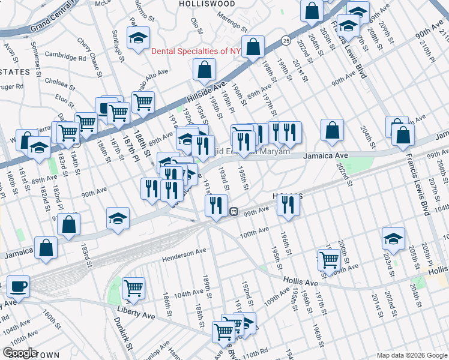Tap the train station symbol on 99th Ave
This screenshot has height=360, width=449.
pos(234,211)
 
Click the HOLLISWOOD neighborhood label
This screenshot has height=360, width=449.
pos(207,4)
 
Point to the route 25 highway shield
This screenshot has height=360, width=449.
pos(286,40)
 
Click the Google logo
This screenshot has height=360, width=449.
pos(20,353)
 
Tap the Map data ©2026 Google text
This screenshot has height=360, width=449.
pos(411,355)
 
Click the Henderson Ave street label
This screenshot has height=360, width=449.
pos(184,254)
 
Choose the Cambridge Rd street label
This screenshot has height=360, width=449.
pos(65,58)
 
